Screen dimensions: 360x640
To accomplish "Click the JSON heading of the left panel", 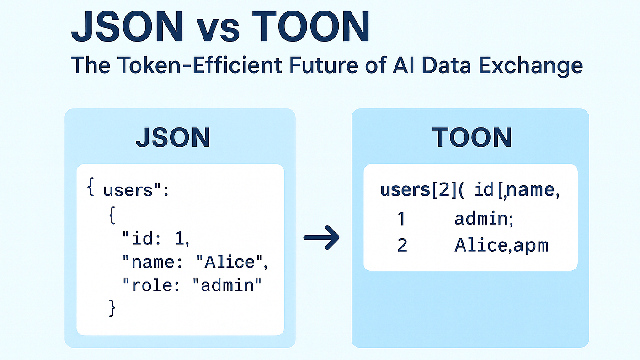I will click(x=172, y=137).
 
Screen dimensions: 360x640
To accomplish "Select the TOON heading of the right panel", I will click(x=472, y=137).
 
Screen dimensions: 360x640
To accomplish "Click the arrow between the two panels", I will click(x=321, y=237).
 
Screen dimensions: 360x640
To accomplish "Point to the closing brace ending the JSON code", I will click(x=112, y=307).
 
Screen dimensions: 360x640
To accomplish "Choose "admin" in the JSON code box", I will click(x=227, y=285).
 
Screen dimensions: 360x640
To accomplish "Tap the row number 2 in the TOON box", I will click(x=402, y=246).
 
